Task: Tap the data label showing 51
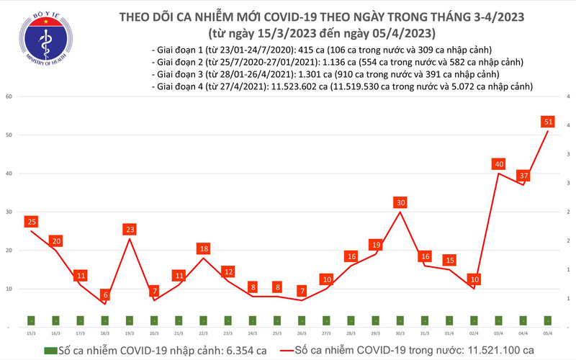click(548, 122)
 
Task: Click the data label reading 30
click(400, 202)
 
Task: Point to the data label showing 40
click(498, 164)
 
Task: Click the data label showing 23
click(129, 230)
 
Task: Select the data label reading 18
click(203, 248)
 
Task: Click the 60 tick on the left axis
click(9, 96)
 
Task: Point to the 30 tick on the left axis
click(9, 212)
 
